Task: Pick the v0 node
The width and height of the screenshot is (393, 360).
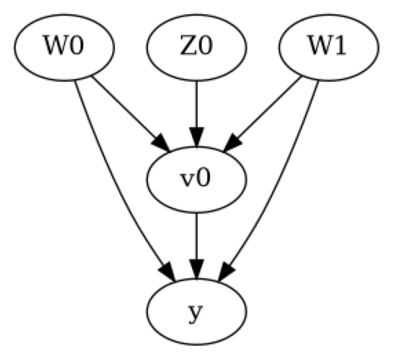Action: [x=196, y=180]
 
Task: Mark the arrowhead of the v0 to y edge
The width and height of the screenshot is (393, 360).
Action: [x=196, y=271]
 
